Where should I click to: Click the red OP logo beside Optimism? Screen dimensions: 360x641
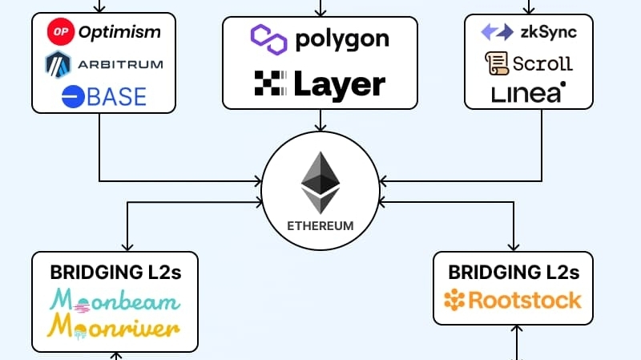pos(61,32)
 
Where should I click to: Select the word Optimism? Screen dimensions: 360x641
pos(119,32)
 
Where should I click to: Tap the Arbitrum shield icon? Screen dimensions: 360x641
pos(59,63)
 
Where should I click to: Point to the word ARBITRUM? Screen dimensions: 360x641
pos(119,64)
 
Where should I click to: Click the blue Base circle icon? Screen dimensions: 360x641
pos(73,96)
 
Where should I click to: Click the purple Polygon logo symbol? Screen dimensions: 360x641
pos(268,38)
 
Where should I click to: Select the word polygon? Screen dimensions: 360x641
pos(342,38)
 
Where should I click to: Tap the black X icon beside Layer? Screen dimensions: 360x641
pos(268,83)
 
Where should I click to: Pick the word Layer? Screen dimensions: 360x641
pos(339,83)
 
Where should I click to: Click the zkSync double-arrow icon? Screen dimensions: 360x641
pos(497,32)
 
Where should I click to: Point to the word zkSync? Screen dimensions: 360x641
pos(549,32)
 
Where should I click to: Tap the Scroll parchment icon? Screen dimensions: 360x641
pos(495,63)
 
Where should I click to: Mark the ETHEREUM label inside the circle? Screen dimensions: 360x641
pos(320,225)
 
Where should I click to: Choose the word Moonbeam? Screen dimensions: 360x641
pos(115,301)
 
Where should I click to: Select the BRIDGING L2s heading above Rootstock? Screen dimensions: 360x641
pos(514,272)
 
